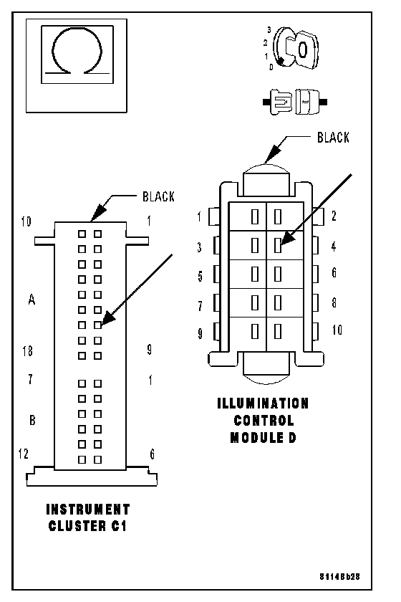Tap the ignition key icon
click(x=296, y=49)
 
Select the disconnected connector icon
click(x=295, y=102)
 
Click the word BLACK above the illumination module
click(x=333, y=138)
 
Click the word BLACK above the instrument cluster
click(x=158, y=196)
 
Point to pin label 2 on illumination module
click(x=334, y=216)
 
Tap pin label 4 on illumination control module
click(x=334, y=246)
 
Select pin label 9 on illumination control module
click(x=200, y=333)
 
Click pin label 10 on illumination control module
click(x=337, y=330)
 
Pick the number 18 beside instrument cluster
click(x=28, y=351)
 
